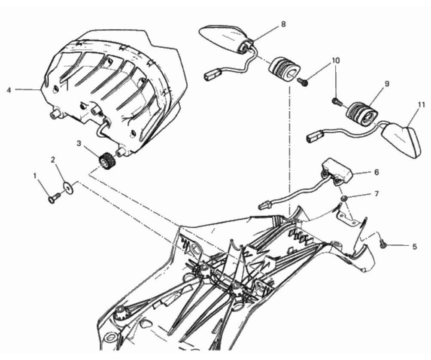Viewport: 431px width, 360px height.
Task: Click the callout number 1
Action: click(x=35, y=176)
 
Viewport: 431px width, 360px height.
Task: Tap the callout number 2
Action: click(x=53, y=160)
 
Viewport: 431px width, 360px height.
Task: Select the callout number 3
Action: click(x=79, y=144)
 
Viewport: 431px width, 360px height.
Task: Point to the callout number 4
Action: click(x=9, y=90)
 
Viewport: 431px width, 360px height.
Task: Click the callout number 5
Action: click(x=414, y=247)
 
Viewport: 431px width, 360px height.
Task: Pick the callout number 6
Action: click(x=376, y=172)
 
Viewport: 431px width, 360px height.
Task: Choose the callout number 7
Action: click(x=376, y=193)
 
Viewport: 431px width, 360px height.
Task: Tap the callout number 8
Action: click(x=283, y=24)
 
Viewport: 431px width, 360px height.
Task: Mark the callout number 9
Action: click(x=387, y=84)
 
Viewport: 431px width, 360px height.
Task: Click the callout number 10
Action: click(x=335, y=61)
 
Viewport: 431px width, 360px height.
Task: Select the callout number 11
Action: click(x=422, y=105)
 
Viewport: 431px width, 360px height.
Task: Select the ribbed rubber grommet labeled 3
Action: click(x=107, y=162)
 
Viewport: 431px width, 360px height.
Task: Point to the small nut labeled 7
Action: click(x=343, y=198)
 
